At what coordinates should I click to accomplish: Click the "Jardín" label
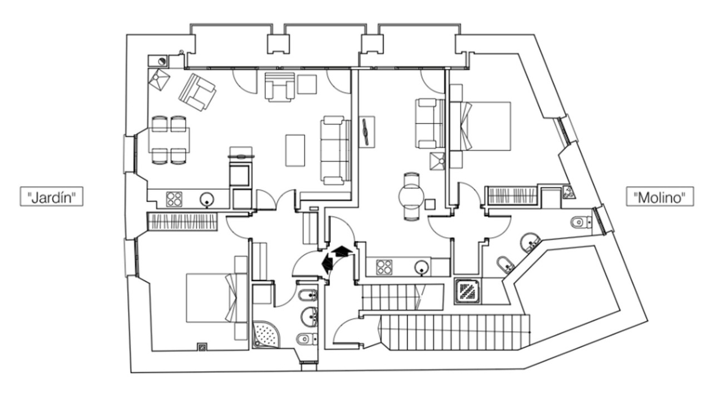(52, 197)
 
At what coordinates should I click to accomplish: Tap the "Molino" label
(660, 197)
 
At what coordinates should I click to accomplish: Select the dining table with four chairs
(169, 139)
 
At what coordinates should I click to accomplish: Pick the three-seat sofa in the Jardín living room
(335, 150)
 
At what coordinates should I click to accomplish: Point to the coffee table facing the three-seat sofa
(295, 150)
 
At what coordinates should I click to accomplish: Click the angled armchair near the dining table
(197, 92)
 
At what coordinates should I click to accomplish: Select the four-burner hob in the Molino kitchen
(384, 267)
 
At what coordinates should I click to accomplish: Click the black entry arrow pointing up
(341, 251)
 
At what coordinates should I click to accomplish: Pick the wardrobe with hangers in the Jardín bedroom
(181, 221)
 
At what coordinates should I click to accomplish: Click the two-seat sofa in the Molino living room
(429, 123)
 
